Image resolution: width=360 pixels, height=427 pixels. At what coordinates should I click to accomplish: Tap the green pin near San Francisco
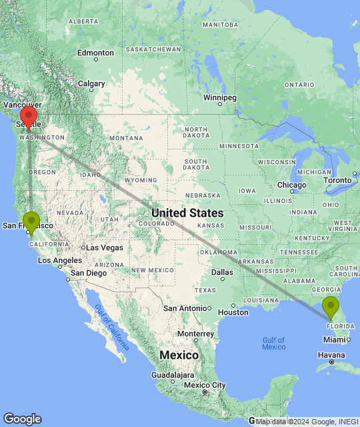[x=31, y=221]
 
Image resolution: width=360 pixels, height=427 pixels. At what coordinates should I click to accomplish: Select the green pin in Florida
[x=330, y=307]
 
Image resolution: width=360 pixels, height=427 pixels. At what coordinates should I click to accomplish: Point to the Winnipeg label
[x=220, y=98]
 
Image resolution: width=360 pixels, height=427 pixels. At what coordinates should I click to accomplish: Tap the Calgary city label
[x=91, y=83]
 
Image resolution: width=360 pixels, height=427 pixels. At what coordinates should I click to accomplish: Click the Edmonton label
[x=95, y=53]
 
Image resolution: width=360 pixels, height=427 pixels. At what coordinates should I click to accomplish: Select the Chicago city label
[x=292, y=185]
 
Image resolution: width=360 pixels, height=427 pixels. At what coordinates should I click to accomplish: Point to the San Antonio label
[x=186, y=308]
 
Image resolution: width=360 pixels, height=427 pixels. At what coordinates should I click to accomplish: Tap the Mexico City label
[x=205, y=385]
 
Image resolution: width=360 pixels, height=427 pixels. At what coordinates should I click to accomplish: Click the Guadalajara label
[x=153, y=376]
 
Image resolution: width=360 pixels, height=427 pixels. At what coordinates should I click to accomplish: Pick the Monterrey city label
[x=195, y=334]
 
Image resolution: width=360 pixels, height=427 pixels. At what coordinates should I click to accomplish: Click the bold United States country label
[x=187, y=213]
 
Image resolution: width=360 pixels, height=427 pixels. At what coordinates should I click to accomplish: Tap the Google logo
[x=22, y=419]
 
